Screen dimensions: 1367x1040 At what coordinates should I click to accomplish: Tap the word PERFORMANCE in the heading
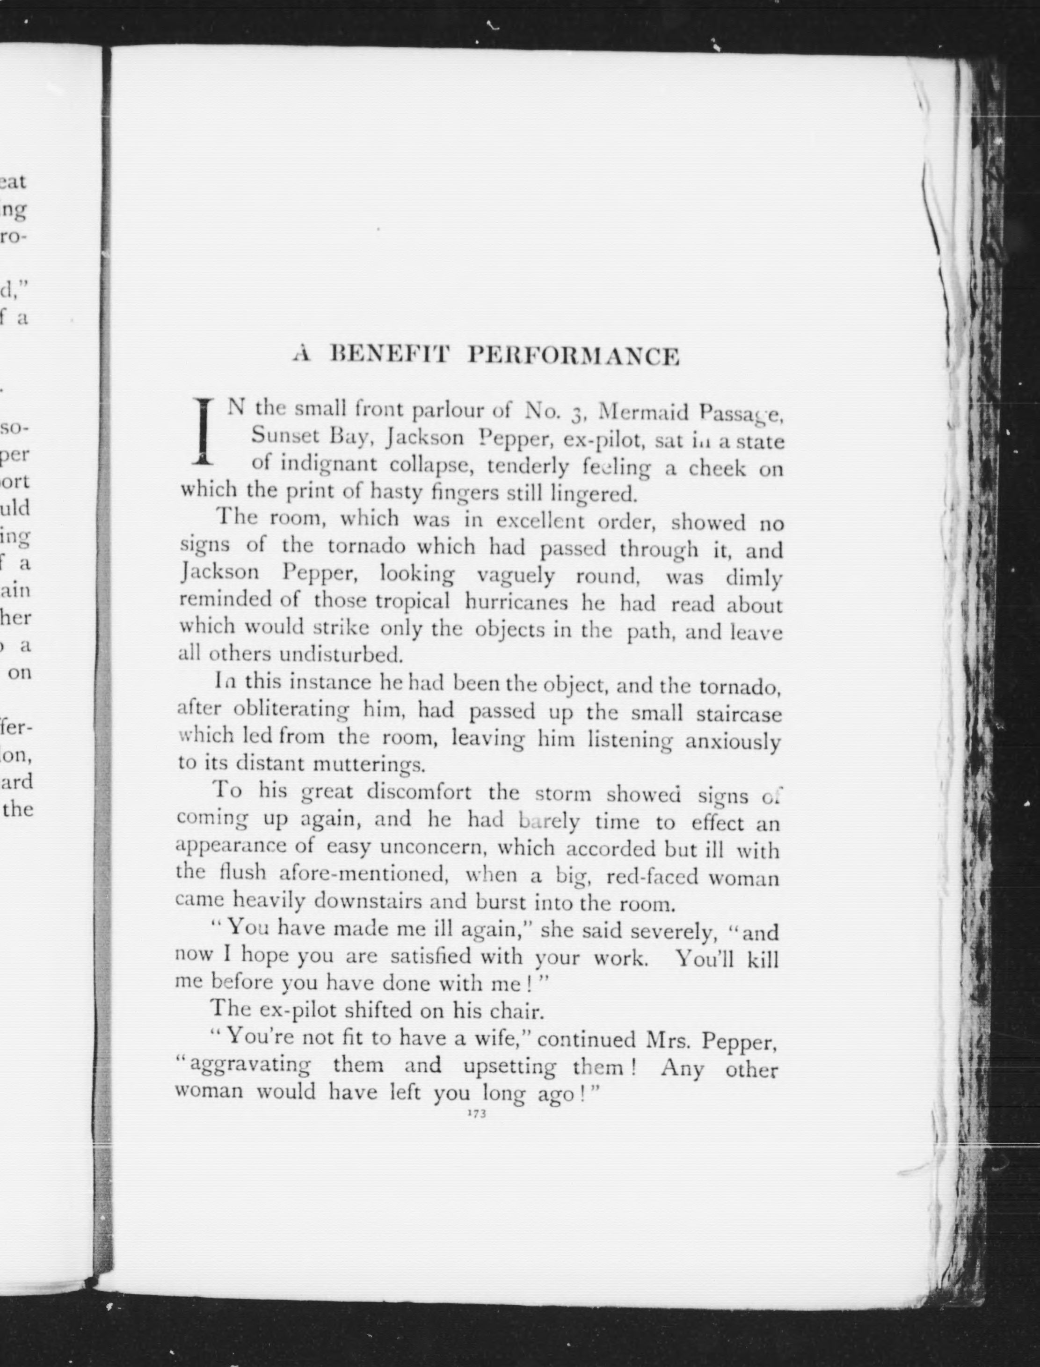(573, 357)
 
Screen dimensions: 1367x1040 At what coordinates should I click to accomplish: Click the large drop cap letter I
(203, 432)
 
